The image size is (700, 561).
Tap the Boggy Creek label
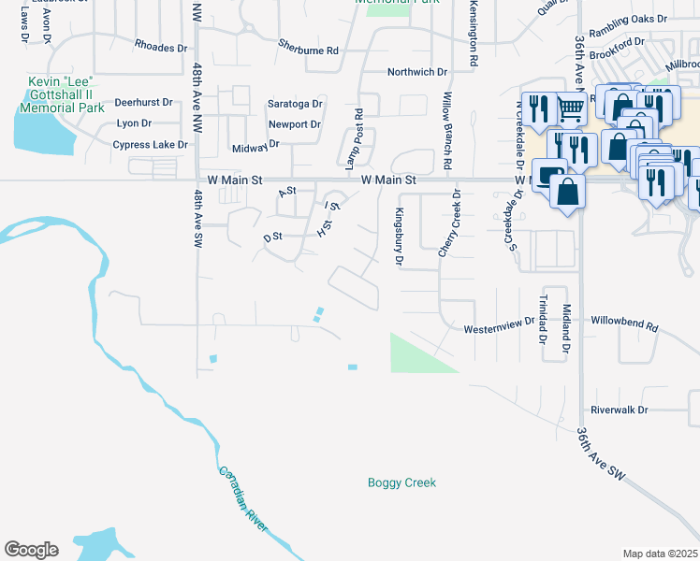[401, 482]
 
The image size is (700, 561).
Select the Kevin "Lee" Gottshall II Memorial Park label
[65, 95]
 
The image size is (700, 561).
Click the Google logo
[31, 550]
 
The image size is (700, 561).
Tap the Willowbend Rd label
[625, 329]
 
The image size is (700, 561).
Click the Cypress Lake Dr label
[144, 145]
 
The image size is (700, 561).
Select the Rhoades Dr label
[161, 45]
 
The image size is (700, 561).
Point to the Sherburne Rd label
[308, 44]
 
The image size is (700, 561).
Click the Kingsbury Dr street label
[399, 237]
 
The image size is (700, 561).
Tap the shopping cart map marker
[571, 108]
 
